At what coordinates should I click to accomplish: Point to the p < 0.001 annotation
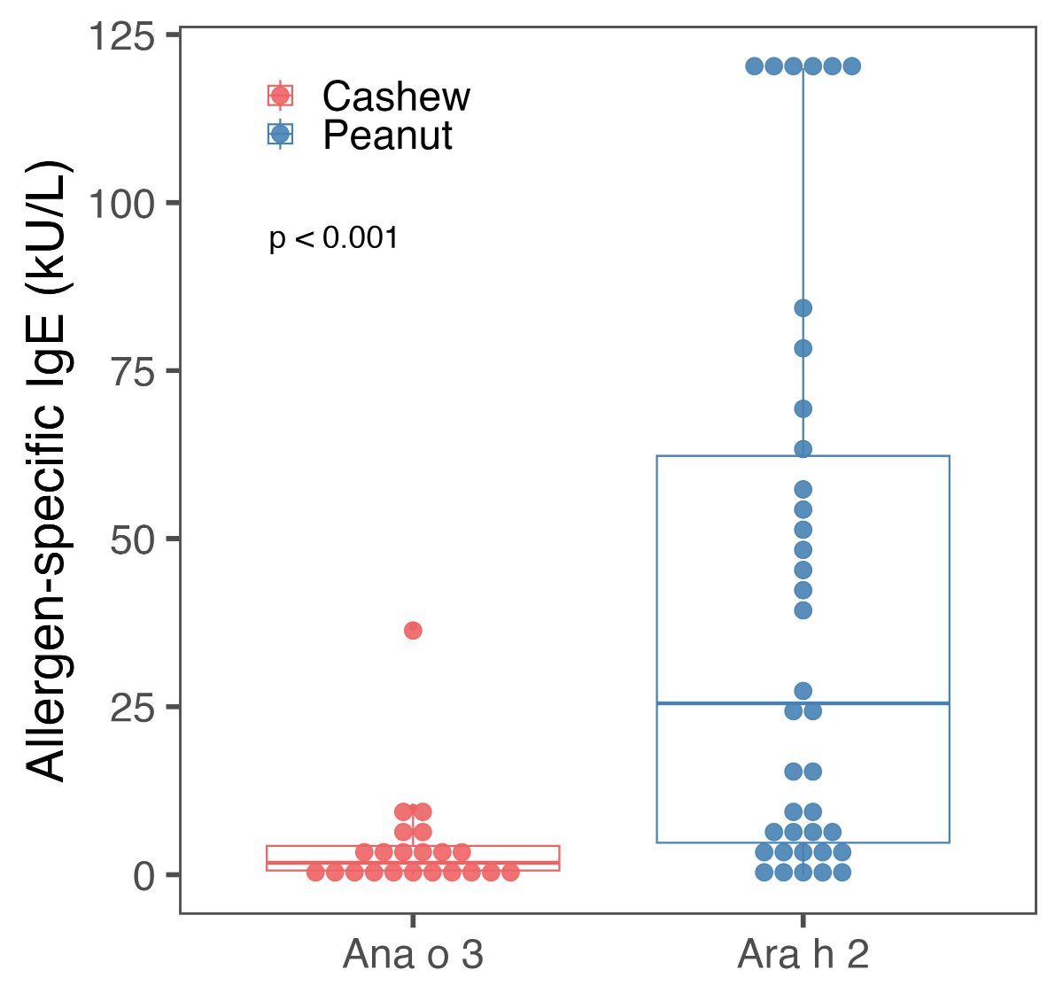[x=334, y=238]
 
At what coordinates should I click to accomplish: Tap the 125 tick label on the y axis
[x=122, y=37]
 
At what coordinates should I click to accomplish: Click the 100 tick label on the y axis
[x=122, y=205]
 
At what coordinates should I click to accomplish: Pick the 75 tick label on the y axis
[x=133, y=373]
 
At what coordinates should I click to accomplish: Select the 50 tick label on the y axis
[x=133, y=540]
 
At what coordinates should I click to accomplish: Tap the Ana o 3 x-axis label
[x=413, y=955]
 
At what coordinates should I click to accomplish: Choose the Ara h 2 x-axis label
[x=803, y=955]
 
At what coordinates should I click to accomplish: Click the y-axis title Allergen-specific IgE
[x=46, y=470]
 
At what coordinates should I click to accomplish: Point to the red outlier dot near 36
[x=413, y=631]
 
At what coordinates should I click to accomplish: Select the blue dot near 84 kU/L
[x=803, y=308]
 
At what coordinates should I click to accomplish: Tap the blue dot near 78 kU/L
[x=803, y=348]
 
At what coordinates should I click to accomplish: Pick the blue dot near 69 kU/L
[x=803, y=408]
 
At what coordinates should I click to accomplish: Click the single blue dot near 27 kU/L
[x=803, y=691]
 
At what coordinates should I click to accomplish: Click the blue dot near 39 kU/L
[x=803, y=610]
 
